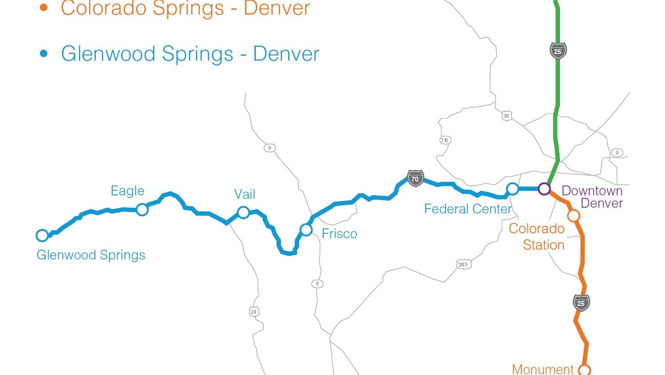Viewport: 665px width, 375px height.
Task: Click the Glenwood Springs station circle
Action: tap(42, 235)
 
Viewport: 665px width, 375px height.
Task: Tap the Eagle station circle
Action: tap(142, 209)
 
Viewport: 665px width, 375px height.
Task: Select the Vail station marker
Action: tap(243, 213)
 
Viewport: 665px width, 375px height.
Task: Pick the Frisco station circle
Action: tap(306, 229)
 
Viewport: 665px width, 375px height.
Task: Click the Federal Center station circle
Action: tap(512, 189)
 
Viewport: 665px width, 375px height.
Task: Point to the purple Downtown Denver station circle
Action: tap(544, 189)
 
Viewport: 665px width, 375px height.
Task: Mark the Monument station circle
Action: tap(585, 370)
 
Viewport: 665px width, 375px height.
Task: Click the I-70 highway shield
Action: tap(415, 179)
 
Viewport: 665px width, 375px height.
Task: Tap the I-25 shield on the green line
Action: tap(558, 51)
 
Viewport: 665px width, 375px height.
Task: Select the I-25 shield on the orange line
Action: tap(581, 303)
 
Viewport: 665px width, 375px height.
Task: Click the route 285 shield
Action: tap(463, 264)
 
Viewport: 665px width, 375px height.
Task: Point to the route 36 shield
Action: tap(506, 116)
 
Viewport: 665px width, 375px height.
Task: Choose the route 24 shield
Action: tap(253, 312)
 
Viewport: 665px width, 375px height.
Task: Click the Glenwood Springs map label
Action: tap(91, 255)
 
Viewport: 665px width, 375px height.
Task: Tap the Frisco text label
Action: tap(339, 234)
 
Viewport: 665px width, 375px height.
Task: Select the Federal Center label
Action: tap(468, 209)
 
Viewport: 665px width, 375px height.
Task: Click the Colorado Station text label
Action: tap(537, 236)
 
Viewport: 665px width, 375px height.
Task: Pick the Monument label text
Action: tap(543, 369)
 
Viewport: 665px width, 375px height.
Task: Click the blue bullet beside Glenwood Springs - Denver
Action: tap(43, 54)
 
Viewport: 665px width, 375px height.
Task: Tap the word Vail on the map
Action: tap(245, 194)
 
